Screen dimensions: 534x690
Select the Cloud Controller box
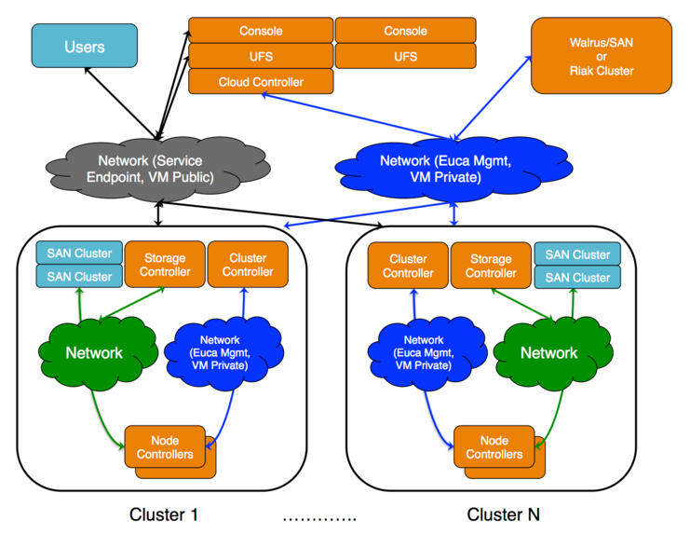click(x=261, y=82)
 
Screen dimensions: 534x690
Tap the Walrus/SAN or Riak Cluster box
click(x=601, y=57)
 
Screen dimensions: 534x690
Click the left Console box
click(x=261, y=31)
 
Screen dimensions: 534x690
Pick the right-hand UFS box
click(x=406, y=57)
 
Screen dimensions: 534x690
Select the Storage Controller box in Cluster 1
click(x=164, y=265)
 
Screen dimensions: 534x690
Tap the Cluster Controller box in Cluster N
click(x=408, y=266)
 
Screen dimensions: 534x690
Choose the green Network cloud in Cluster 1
click(x=93, y=353)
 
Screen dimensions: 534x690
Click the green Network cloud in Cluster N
click(x=548, y=353)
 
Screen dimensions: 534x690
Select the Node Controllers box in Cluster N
click(x=494, y=447)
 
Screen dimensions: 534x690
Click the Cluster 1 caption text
click(x=164, y=514)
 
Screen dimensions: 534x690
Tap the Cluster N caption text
click(x=503, y=514)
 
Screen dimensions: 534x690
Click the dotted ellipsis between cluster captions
click(x=318, y=516)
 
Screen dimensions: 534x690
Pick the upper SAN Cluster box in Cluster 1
click(x=79, y=253)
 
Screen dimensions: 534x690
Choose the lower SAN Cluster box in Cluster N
click(x=577, y=278)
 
